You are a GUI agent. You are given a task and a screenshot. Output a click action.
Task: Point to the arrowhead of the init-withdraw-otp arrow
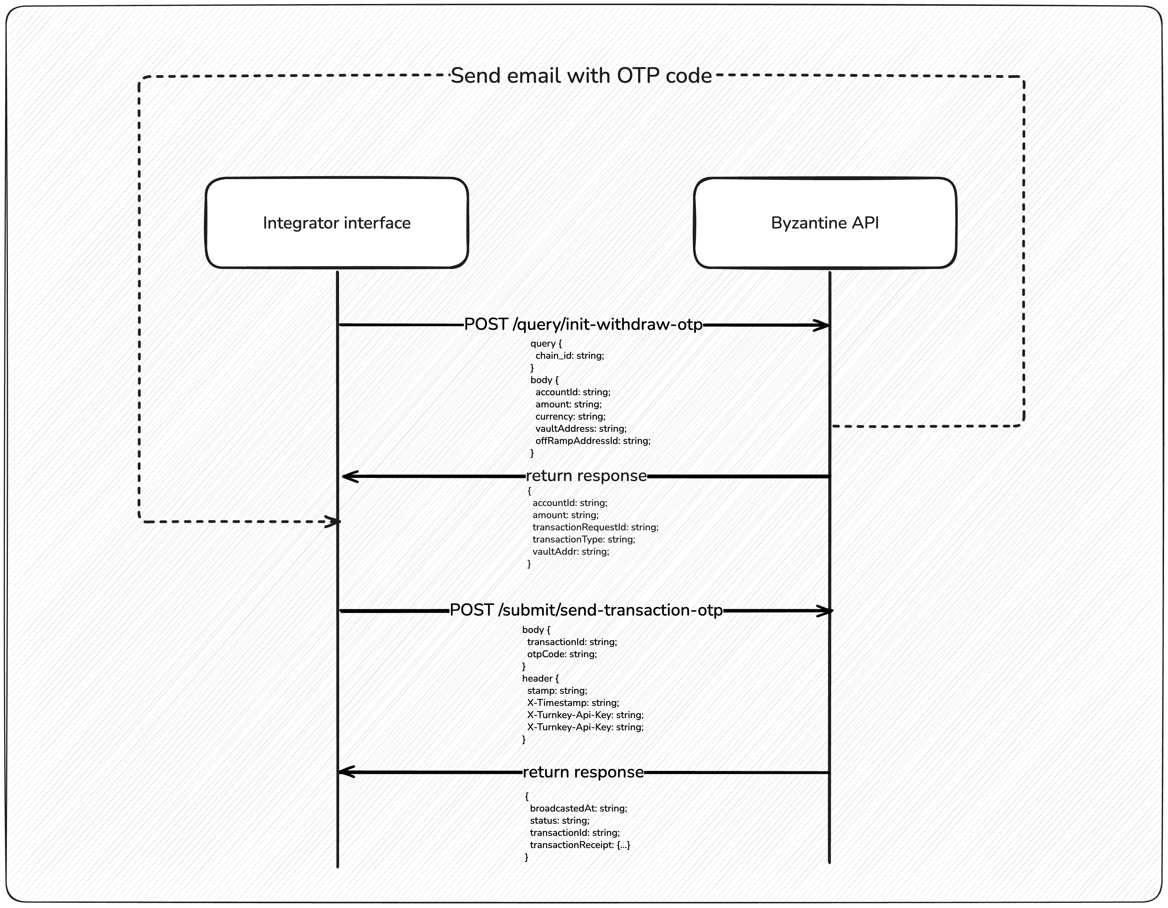pyautogui.click(x=824, y=325)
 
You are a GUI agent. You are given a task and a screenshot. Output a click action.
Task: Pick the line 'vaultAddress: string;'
pyautogui.click(x=580, y=429)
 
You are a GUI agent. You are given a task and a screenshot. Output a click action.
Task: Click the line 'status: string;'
pyautogui.click(x=559, y=820)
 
